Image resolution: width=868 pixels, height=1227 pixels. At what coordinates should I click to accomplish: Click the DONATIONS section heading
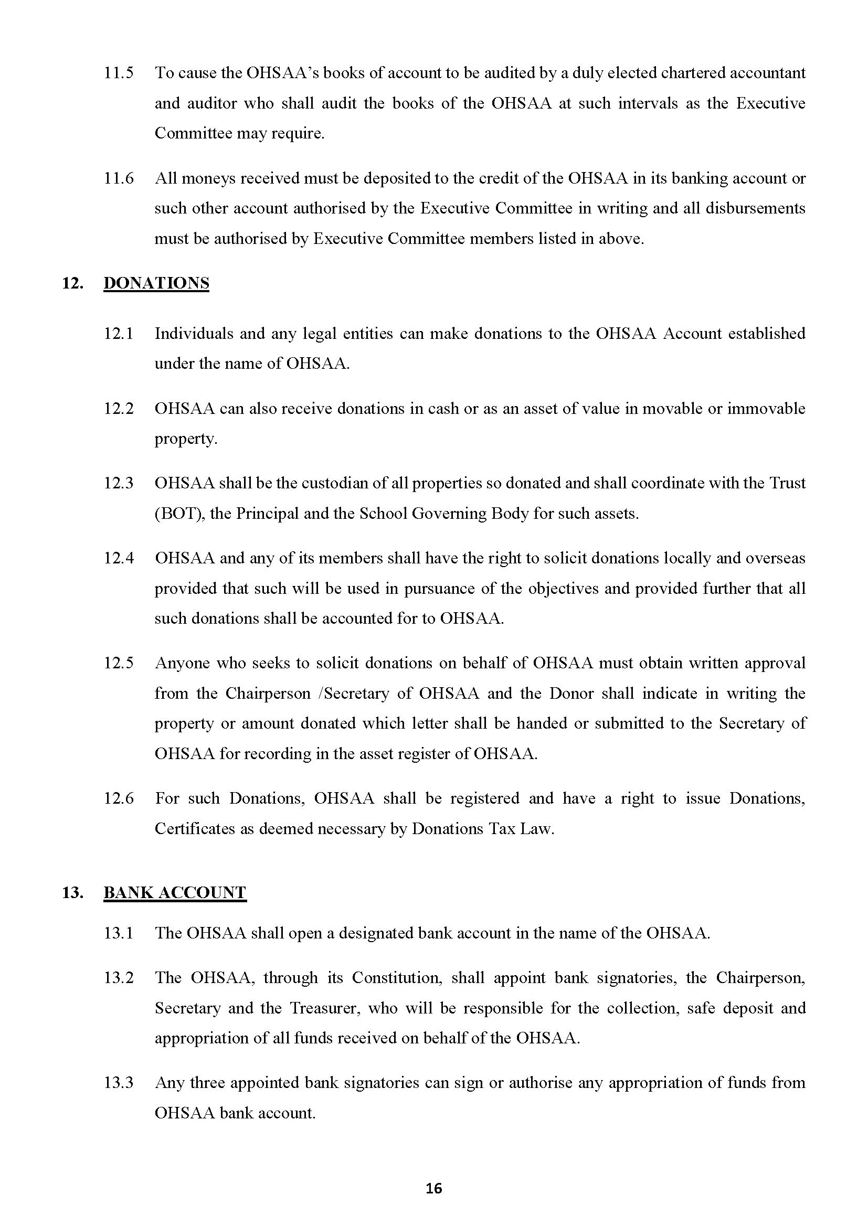click(156, 283)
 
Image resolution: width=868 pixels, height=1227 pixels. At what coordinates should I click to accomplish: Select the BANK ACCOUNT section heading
click(175, 892)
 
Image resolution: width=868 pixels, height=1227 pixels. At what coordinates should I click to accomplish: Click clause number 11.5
click(118, 73)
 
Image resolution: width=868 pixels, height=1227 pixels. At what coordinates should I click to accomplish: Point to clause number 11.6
click(118, 178)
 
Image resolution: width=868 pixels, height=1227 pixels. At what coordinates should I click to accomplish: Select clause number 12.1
click(118, 334)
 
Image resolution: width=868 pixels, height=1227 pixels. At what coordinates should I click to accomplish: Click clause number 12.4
click(118, 558)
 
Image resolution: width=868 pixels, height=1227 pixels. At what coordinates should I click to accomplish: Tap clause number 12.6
click(118, 798)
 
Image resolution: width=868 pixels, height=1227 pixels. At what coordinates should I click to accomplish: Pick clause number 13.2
click(118, 978)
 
